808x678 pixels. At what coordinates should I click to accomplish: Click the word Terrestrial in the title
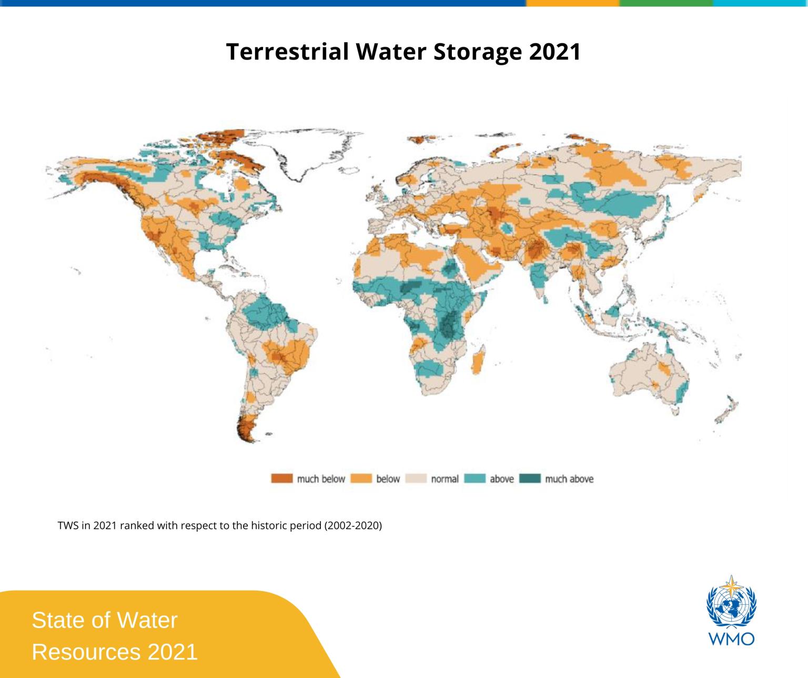pyautogui.click(x=287, y=52)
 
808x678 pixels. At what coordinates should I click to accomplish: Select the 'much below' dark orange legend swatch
pyautogui.click(x=281, y=478)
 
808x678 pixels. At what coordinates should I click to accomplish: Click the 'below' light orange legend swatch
pyautogui.click(x=361, y=478)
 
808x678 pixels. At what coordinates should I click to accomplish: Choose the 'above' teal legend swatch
pyautogui.click(x=474, y=478)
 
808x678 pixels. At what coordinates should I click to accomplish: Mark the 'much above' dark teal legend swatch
pyautogui.click(x=530, y=478)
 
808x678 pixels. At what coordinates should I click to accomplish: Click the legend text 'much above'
pyautogui.click(x=569, y=479)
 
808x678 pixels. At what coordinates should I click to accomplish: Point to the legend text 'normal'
pyautogui.click(x=445, y=479)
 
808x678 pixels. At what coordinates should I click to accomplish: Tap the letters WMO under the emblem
pyautogui.click(x=731, y=639)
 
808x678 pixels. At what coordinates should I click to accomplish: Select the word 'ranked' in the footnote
pyautogui.click(x=134, y=526)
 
